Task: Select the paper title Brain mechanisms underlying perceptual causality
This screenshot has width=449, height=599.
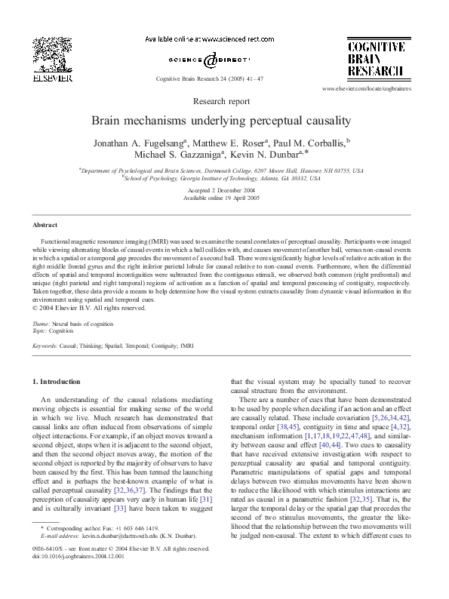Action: click(221, 120)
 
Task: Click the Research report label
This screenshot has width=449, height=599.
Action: click(221, 100)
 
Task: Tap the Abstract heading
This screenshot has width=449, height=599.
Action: click(45, 226)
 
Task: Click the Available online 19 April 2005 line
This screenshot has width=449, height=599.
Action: click(221, 198)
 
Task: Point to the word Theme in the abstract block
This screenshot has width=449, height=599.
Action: click(42, 323)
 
